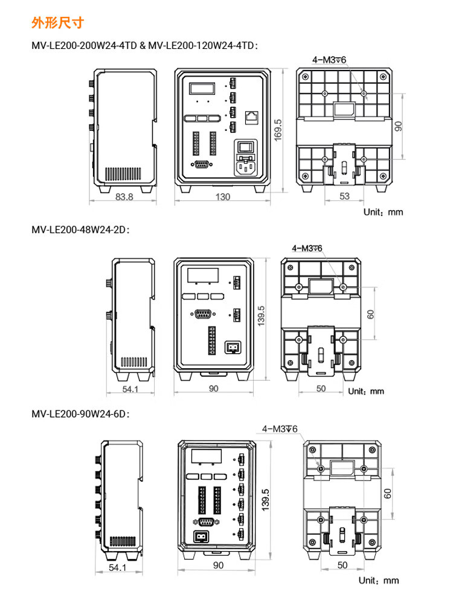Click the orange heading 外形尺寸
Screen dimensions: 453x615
point(58,23)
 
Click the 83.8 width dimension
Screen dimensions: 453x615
point(124,197)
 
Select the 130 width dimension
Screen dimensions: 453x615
point(223,197)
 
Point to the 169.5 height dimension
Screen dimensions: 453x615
point(278,130)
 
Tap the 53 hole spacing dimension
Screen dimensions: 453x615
point(344,196)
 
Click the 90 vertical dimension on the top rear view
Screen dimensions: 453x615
point(398,126)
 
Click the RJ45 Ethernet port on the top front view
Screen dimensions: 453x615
point(252,117)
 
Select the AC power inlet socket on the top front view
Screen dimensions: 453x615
point(246,168)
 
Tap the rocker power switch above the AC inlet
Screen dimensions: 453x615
point(246,147)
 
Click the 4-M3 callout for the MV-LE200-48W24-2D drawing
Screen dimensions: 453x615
point(307,248)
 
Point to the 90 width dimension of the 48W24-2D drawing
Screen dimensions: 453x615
point(213,388)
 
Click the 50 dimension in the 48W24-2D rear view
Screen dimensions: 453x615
point(321,388)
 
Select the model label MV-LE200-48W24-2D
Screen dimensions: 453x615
point(80,229)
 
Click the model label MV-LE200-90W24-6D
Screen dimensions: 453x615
point(80,414)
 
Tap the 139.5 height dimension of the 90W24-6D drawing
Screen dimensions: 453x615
point(265,500)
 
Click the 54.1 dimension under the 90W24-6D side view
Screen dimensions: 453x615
point(117,567)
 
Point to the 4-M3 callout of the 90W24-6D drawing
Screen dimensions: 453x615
point(280,429)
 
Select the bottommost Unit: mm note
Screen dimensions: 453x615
point(379,581)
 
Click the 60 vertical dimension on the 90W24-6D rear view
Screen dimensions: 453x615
point(387,494)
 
